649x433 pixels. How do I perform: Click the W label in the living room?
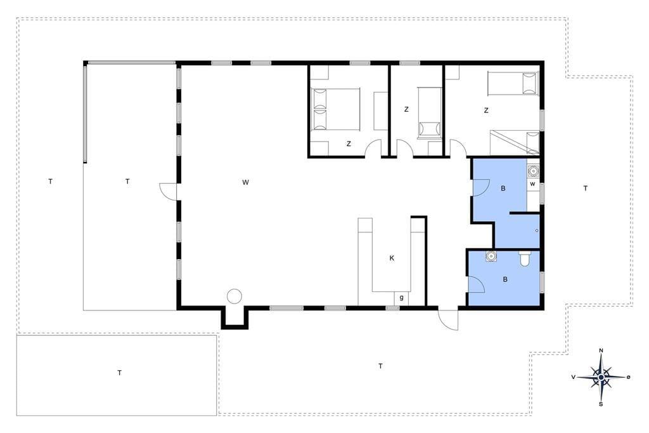click(x=245, y=182)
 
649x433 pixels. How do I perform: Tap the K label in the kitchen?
click(x=392, y=258)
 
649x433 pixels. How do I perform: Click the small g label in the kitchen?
click(x=401, y=298)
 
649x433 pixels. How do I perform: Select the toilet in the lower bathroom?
click(x=524, y=258)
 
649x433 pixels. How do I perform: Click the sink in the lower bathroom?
click(x=491, y=256)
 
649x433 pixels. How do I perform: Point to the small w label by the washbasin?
click(x=532, y=183)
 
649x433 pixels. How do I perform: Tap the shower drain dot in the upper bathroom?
click(x=536, y=230)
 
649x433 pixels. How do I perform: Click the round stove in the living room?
click(x=235, y=296)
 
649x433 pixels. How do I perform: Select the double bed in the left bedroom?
click(x=336, y=109)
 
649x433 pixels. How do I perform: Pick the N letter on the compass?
click(x=601, y=351)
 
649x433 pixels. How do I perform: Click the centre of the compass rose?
click(x=601, y=377)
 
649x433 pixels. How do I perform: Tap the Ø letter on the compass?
click(x=628, y=377)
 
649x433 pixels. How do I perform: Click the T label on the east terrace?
click(x=585, y=189)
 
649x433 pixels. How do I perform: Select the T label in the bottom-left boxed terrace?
click(x=120, y=373)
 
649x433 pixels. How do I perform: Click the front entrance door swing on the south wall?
click(x=449, y=319)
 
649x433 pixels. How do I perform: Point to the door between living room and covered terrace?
click(x=168, y=192)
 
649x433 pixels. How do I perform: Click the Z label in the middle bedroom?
click(x=406, y=109)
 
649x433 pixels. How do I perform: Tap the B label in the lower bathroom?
click(x=505, y=279)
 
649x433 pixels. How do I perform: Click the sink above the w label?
click(x=533, y=170)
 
